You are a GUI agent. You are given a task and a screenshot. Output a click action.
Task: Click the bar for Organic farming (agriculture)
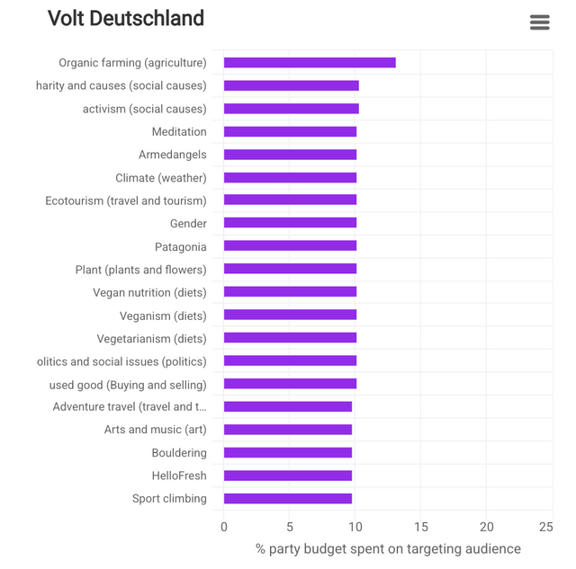tap(310, 63)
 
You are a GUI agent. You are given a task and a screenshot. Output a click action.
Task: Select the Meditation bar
tap(290, 132)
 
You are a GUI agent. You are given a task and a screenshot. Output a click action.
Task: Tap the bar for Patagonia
tap(290, 246)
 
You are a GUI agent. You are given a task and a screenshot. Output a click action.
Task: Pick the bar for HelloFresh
tap(288, 476)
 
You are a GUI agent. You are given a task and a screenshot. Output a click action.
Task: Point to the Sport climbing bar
tap(288, 499)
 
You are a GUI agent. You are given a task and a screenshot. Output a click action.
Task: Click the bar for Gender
tap(290, 224)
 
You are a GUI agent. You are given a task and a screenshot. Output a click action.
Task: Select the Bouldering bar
tap(288, 453)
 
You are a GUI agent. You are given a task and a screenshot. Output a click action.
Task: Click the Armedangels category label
tap(172, 155)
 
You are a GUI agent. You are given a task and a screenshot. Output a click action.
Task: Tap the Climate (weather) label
tap(160, 178)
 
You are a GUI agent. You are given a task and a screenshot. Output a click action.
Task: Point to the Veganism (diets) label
tap(163, 316)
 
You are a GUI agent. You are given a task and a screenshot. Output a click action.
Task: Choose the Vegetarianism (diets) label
tap(151, 339)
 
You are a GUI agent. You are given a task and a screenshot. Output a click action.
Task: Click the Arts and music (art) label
tap(155, 430)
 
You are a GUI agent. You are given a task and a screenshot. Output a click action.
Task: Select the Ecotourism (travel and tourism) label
tap(126, 200)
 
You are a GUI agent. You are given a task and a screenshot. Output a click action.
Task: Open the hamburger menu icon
tap(540, 22)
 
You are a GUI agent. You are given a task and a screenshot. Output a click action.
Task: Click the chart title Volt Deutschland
tap(126, 19)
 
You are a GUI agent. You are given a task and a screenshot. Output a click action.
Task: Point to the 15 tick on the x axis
tap(421, 527)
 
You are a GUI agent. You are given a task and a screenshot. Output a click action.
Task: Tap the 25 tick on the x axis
tap(545, 527)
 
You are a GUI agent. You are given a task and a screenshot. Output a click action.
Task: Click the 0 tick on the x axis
tap(224, 527)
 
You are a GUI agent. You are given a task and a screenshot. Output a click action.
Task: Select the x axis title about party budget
tap(388, 548)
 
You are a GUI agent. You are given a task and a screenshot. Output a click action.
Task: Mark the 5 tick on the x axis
tap(290, 527)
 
